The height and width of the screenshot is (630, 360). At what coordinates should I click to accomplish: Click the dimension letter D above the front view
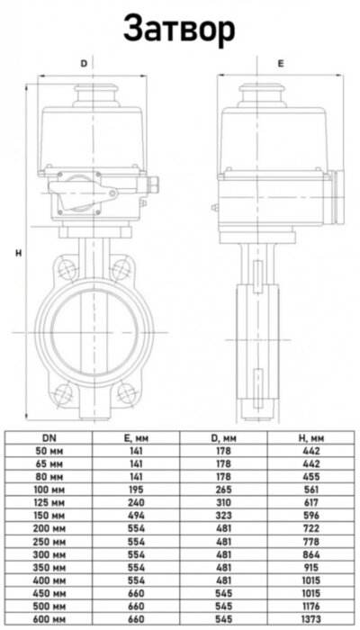tap(85, 64)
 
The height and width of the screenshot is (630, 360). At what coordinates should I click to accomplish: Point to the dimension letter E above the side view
tap(280, 64)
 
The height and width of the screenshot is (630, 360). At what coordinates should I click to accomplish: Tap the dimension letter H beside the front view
tap(18, 254)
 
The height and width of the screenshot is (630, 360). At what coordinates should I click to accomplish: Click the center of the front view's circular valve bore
tap(86, 333)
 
